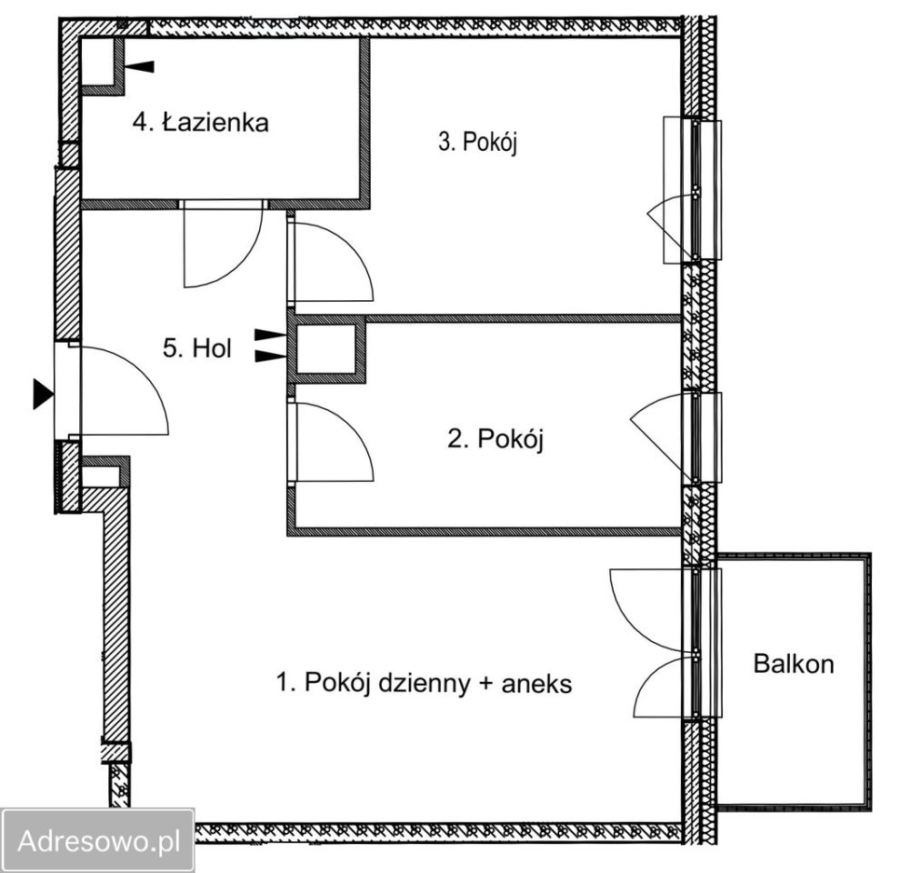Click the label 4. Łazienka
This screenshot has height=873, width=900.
pyautogui.click(x=200, y=123)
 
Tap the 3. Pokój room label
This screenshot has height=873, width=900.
pyautogui.click(x=477, y=141)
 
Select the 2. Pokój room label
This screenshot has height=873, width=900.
pyautogui.click(x=495, y=439)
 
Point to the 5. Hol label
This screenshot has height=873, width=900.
pyautogui.click(x=197, y=348)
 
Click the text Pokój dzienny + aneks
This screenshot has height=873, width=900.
pyautogui.click(x=438, y=683)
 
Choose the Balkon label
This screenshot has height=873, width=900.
pyautogui.click(x=794, y=663)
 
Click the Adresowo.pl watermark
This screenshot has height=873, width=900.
pyautogui.click(x=98, y=841)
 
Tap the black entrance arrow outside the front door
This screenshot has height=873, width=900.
pyautogui.click(x=44, y=394)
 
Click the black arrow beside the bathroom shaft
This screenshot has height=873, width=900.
pyautogui.click(x=139, y=66)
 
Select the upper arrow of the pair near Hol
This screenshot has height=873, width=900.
pyautogui.click(x=270, y=335)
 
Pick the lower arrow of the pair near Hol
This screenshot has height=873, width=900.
pyautogui.click(x=270, y=356)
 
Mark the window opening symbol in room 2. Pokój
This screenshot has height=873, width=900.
pyautogui.click(x=660, y=436)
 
